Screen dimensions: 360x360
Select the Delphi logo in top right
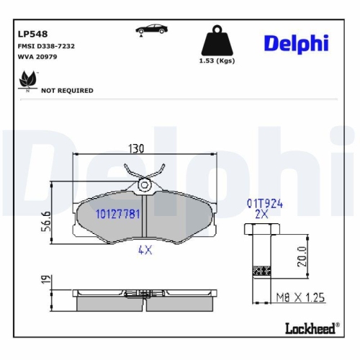tap(295, 42)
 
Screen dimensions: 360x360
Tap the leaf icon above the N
tap(27, 78)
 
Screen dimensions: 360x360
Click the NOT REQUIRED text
tap(67, 91)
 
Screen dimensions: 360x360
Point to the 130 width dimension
tap(136, 149)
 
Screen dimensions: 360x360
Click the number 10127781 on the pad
tap(117, 214)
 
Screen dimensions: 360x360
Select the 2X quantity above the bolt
tap(262, 215)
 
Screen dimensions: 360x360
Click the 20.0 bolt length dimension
tap(302, 256)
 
